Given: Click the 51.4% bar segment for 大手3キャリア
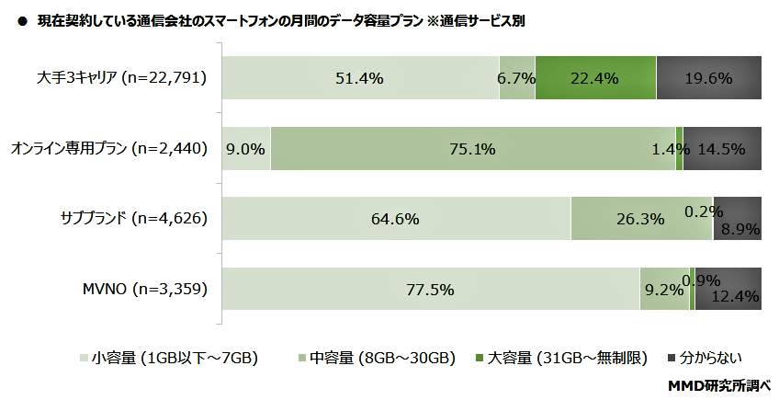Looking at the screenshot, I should point(359,78).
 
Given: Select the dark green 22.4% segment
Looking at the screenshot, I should point(594,78).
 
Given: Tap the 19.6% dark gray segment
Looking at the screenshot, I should point(708,78).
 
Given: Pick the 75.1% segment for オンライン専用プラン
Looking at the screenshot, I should point(472,148).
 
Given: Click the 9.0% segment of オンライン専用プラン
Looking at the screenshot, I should point(246,148).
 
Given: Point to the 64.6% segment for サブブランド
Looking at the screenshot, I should point(396,219).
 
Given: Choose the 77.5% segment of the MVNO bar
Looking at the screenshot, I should point(430,290).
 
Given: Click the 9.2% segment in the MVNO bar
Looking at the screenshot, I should point(663,290).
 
